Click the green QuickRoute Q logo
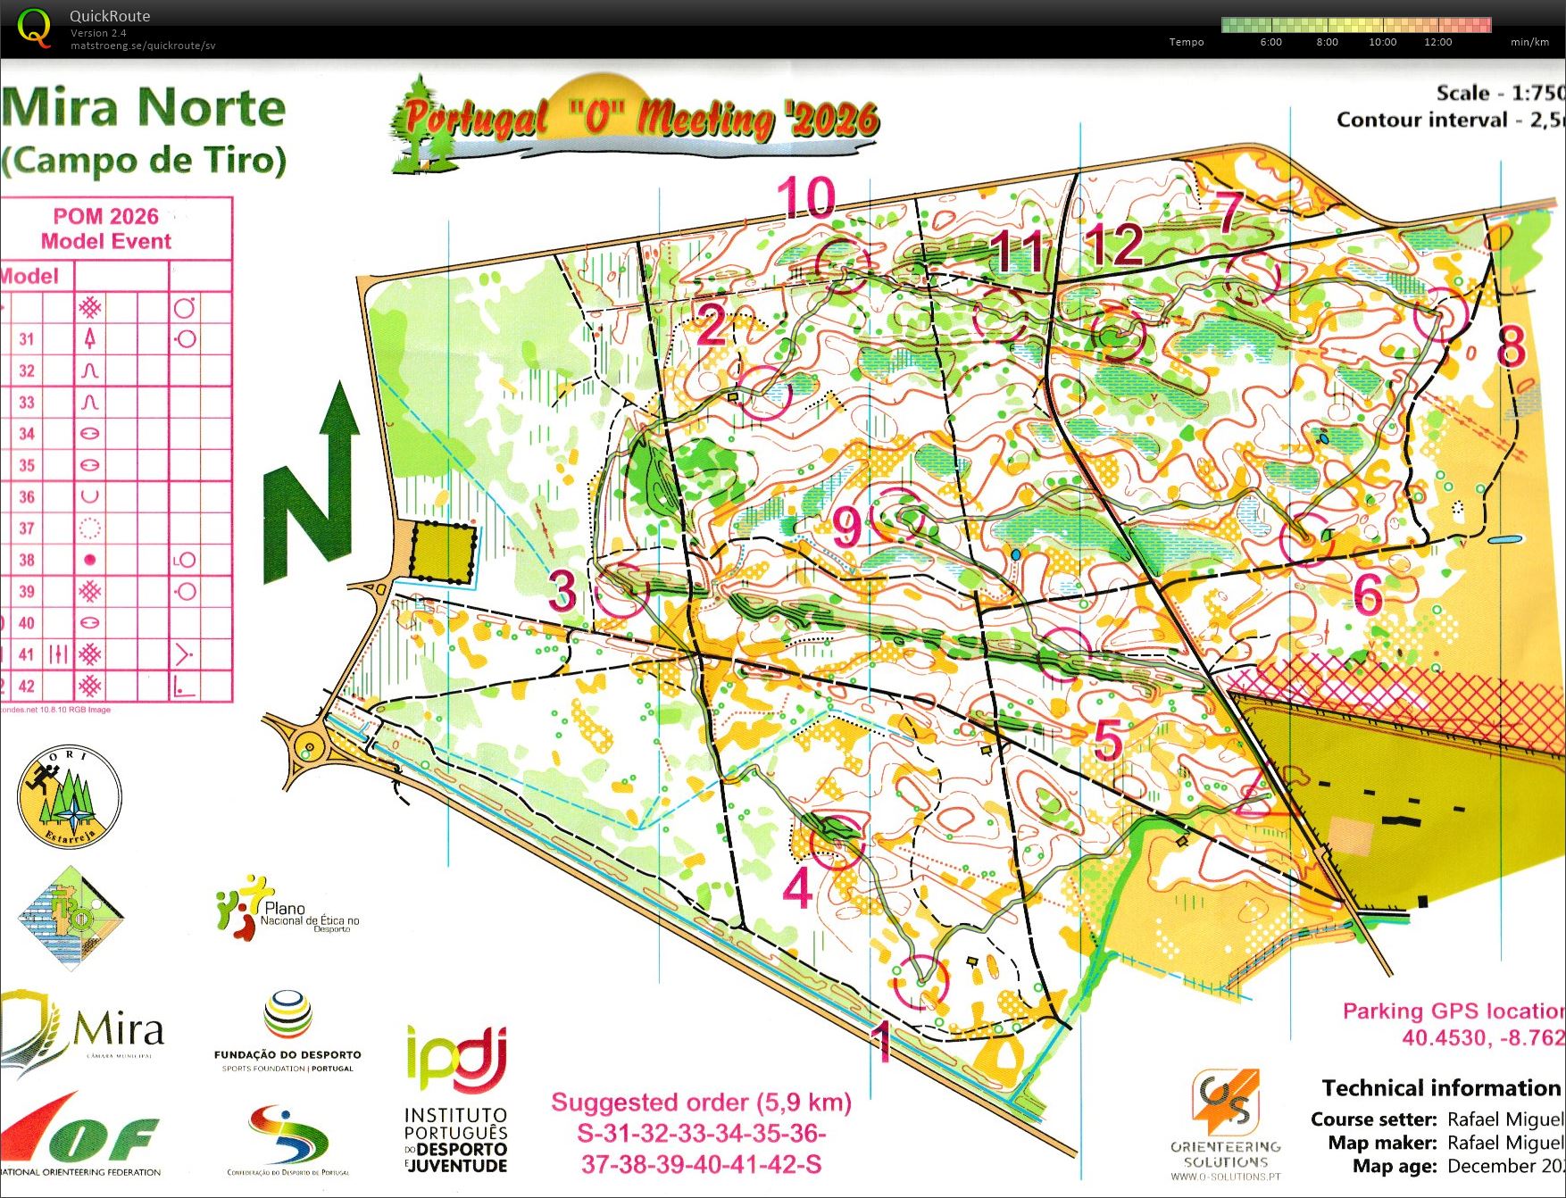point(35,28)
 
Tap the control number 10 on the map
point(805,198)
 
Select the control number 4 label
point(797,887)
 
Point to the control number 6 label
point(1368,594)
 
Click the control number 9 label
point(847,528)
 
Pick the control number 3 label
point(562,590)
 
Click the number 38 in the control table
point(27,560)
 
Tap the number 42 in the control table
point(27,686)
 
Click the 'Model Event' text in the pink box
point(105,241)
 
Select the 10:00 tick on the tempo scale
point(1382,42)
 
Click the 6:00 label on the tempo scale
point(1270,42)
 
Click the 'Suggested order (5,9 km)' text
point(701,1102)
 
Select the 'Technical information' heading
point(1440,1087)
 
